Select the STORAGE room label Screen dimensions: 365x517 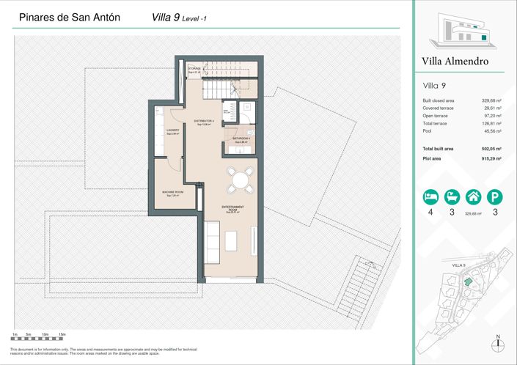pyautogui.click(x=194, y=70)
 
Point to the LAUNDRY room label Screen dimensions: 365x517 pyautogui.click(x=173, y=132)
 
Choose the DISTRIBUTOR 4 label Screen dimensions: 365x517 pyautogui.click(x=204, y=122)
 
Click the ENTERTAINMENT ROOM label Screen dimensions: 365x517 pyautogui.click(x=232, y=209)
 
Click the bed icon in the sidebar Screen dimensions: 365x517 pyautogui.click(x=428, y=196)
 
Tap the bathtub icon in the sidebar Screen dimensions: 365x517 pyautogui.click(x=453, y=196)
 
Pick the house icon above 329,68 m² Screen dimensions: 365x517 pyautogui.click(x=474, y=196)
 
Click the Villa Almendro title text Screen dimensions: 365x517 pyautogui.click(x=455, y=62)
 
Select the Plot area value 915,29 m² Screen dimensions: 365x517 pyautogui.click(x=491, y=158)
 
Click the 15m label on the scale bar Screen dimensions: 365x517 pyautogui.click(x=62, y=334)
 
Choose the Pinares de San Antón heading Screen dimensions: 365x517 pyautogui.click(x=66, y=15)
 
